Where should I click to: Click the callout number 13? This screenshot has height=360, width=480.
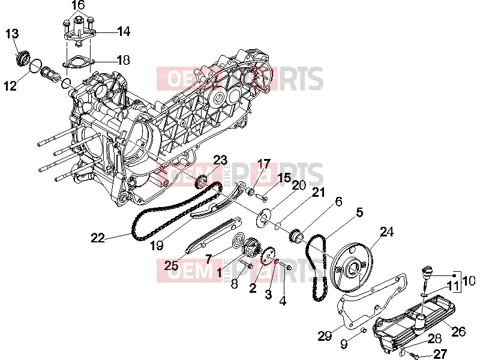12,34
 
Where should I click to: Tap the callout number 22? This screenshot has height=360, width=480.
98,238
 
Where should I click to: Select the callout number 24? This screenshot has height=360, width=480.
386,232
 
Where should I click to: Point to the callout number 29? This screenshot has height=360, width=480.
325,336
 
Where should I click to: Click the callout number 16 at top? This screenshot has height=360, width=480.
78,5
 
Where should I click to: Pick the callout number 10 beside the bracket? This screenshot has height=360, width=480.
469,280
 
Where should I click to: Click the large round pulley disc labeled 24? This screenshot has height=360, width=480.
352,267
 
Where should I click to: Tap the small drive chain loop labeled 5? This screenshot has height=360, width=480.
317,267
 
